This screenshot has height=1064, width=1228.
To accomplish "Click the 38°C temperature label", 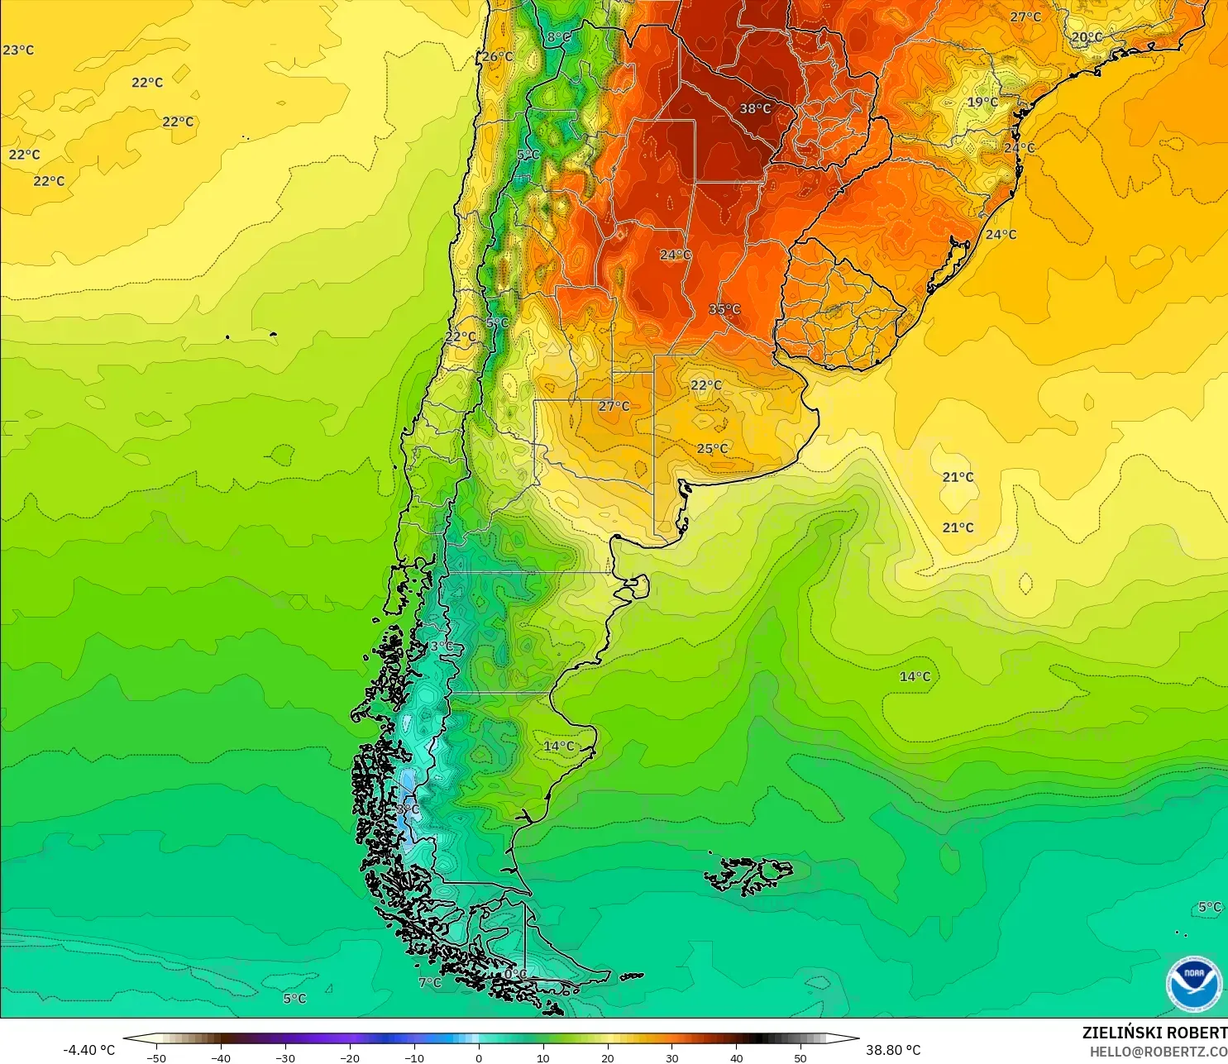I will point(755,108).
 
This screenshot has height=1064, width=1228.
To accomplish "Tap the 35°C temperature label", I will point(724,309).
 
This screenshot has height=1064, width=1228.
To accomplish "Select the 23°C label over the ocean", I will point(18,50).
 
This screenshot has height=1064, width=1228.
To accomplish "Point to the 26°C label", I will point(498,56).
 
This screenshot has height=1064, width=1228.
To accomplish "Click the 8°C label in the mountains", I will point(559,37).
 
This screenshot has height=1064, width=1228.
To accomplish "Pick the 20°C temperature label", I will point(1087,37).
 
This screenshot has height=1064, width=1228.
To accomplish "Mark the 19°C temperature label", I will point(982,103).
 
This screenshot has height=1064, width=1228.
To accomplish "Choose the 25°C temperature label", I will point(713,448).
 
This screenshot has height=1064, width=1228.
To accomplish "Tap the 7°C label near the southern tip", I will point(430,982).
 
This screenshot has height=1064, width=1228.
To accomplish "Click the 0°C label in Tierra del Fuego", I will point(516,974).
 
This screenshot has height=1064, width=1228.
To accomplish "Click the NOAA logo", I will point(1193,983).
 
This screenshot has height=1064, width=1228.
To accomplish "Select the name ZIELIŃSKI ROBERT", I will point(1154,1033).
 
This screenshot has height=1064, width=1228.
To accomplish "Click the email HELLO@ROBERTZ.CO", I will point(1158,1052).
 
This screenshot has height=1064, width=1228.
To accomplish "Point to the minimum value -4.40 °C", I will point(88,1050).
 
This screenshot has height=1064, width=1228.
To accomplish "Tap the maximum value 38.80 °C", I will point(893,1050).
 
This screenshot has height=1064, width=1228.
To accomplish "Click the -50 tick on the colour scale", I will point(156,1057).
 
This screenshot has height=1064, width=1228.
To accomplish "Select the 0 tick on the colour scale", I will point(479,1057).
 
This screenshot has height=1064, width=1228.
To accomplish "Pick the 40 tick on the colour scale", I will point(736,1057).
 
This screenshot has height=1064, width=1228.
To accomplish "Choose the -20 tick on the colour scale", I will point(350,1057).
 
